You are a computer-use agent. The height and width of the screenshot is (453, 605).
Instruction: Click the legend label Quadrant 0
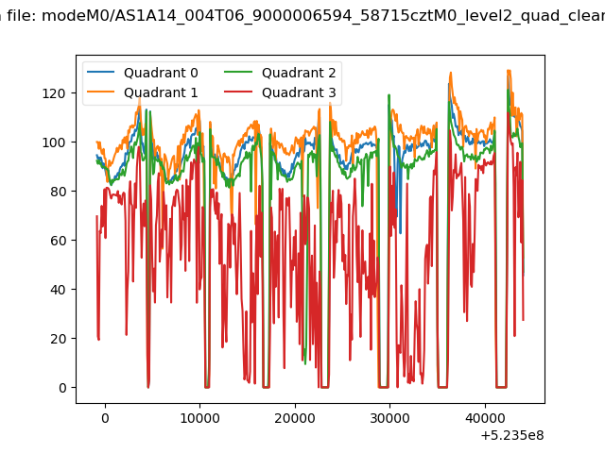[161, 73]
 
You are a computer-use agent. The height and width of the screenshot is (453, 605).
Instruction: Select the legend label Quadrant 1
[161, 92]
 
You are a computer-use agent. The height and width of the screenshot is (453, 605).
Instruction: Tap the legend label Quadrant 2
[299, 73]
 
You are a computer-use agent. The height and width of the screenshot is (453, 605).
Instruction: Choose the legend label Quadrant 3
[299, 92]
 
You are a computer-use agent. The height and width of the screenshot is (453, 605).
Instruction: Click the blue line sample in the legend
[101, 72]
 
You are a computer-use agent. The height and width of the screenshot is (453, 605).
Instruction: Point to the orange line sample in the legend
[101, 92]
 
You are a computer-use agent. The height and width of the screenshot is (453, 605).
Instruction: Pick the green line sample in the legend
[238, 72]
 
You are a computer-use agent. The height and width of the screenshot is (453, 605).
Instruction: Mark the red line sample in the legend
[238, 92]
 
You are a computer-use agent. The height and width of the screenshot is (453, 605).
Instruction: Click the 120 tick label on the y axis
[54, 93]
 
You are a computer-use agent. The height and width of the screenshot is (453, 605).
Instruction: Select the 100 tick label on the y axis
[54, 143]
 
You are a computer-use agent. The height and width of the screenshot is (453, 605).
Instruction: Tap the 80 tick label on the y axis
[58, 192]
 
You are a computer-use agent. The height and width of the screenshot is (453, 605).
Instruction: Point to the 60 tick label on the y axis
[58, 241]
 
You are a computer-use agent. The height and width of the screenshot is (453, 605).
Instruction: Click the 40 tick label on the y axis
[58, 290]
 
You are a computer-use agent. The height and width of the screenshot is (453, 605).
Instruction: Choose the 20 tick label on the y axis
[58, 339]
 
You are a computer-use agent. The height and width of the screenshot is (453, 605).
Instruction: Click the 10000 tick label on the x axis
[199, 418]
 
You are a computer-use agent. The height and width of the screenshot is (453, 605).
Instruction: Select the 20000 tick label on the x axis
[295, 418]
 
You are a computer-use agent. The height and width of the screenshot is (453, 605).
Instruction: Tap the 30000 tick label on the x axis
[389, 418]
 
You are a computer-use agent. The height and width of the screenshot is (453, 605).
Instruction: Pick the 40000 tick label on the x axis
[485, 418]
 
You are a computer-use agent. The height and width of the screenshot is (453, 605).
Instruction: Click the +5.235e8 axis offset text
[512, 436]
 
